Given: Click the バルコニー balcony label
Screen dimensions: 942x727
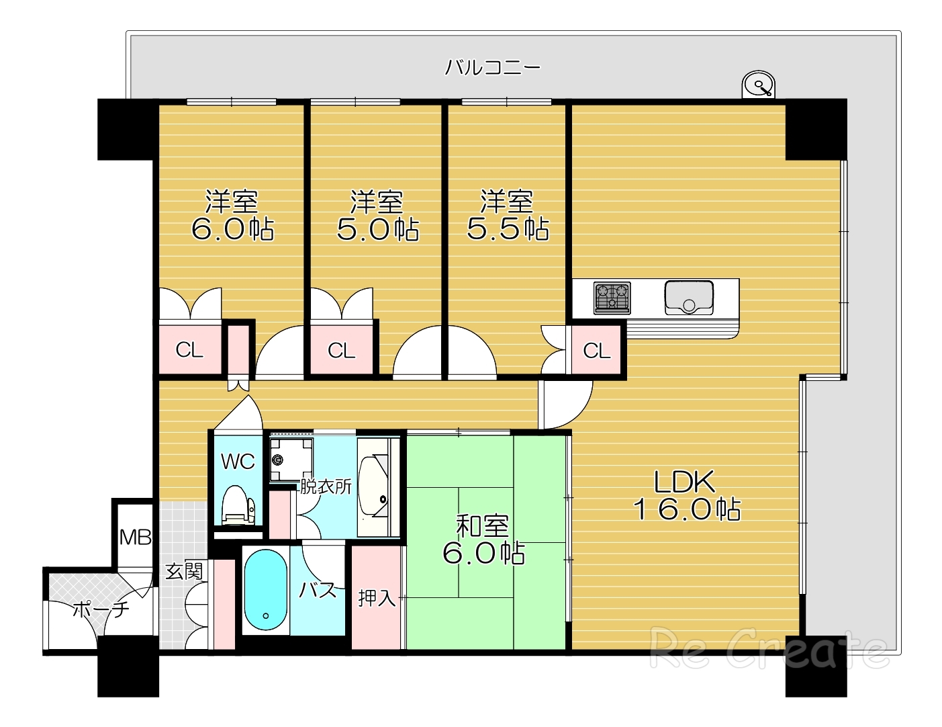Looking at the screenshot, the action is pos(493,68).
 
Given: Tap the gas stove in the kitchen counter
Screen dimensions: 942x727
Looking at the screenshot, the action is pos(612,298).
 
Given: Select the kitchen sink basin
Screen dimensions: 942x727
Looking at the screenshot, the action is pos(689,298).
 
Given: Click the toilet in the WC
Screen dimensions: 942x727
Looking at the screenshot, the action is pos(238,506).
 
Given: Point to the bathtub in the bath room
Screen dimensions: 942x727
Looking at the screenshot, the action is pos(265,590).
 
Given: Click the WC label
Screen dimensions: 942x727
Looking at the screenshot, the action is pos(238,462).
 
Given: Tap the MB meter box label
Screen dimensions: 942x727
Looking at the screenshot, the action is pos(135,538).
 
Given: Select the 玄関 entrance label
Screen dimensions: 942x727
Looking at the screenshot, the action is pos(184,571).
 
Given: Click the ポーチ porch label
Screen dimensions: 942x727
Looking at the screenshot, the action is pos(101,609).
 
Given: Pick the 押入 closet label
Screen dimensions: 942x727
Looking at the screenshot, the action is pos(377,599).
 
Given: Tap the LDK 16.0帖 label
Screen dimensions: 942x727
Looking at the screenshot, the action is pos(687,495).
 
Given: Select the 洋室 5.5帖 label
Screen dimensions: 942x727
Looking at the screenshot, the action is pos(508,215).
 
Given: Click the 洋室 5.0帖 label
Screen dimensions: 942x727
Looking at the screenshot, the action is pos(377,215).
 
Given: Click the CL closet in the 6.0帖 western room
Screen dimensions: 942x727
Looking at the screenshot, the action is pos(189,350).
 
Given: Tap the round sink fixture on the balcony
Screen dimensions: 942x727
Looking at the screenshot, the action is pos(758,85).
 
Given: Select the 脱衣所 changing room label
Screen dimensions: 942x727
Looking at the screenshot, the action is pos(326,487).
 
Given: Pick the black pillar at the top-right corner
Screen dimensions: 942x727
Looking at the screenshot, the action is pos(816,129).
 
